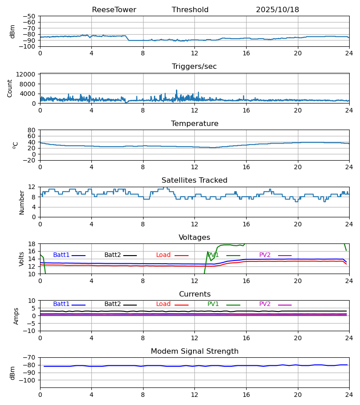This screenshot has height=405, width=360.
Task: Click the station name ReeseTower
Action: tap(114, 10)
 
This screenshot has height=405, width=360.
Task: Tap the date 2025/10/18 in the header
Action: tap(277, 10)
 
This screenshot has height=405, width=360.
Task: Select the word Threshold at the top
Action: tap(190, 10)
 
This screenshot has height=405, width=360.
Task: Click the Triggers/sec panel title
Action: tap(194, 67)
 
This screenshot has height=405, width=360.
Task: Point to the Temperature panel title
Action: tap(194, 124)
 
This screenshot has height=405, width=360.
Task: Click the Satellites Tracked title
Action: tap(194, 180)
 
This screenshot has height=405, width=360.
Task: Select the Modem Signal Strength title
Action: tap(194, 351)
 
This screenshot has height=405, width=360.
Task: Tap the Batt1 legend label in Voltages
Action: tap(61, 255)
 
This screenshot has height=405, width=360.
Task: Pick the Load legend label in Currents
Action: tap(163, 304)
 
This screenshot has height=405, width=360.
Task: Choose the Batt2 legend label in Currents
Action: tap(112, 304)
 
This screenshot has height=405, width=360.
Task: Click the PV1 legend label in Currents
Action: tap(213, 304)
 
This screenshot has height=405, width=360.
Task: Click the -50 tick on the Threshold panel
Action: tap(31, 16)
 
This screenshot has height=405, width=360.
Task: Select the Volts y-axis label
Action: tap(22, 259)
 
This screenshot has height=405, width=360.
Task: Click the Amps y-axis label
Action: tap(16, 316)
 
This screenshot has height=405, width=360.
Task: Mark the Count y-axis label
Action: tap(10, 88)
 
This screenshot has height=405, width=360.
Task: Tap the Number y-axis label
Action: tap(22, 202)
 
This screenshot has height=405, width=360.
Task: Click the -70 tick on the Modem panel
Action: tap(31, 357)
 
